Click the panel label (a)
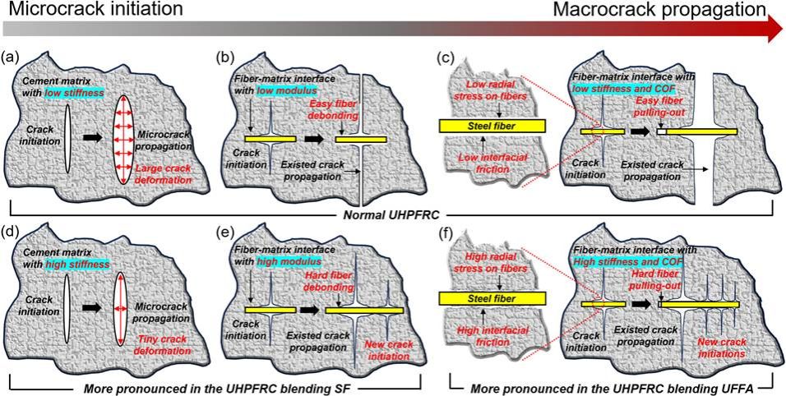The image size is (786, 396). click(11, 57)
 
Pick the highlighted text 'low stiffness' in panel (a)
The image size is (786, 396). click(73, 92)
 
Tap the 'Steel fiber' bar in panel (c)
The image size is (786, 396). click(492, 127)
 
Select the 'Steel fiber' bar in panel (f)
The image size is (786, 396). click(492, 298)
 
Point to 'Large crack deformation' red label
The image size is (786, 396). click(164, 173)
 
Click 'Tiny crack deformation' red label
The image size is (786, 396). click(163, 345)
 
